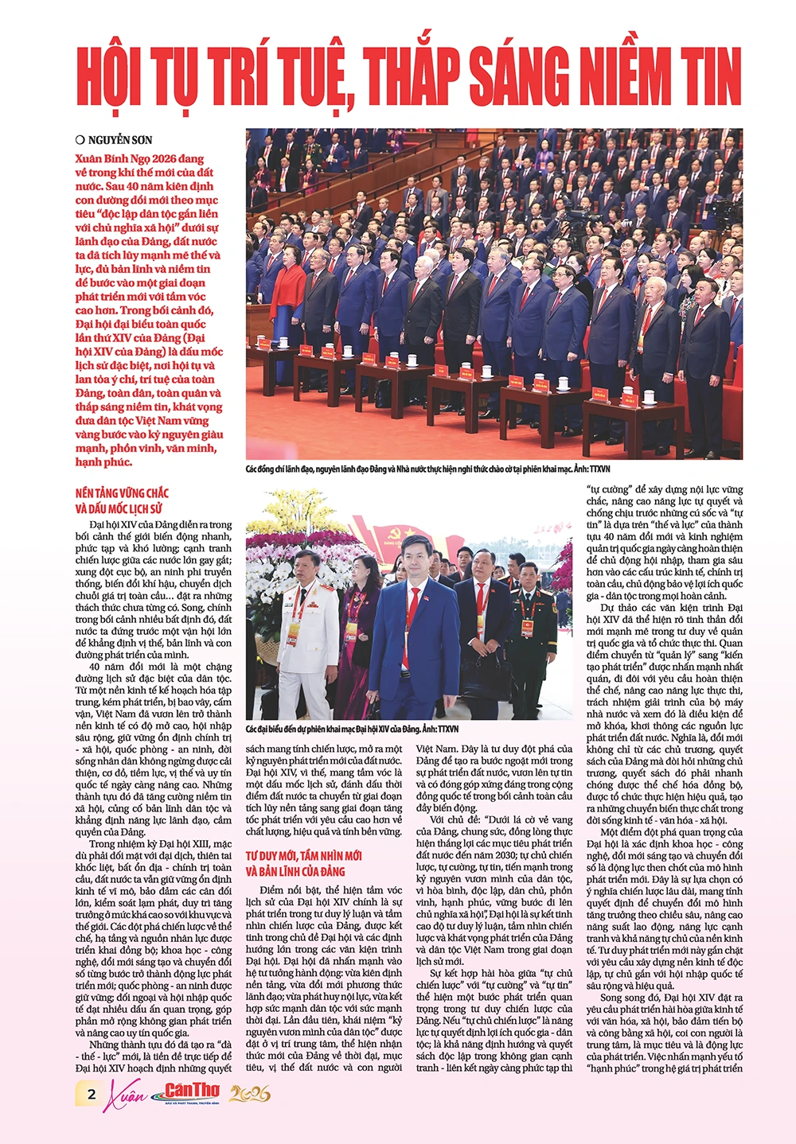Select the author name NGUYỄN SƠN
(x=120, y=140)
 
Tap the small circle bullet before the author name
(x=80, y=140)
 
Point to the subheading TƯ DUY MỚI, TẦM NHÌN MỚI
(x=303, y=855)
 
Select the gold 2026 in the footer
(x=250, y=1095)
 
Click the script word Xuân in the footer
(x=128, y=1095)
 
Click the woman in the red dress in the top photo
(x=287, y=302)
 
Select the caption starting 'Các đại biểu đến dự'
(x=351, y=729)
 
